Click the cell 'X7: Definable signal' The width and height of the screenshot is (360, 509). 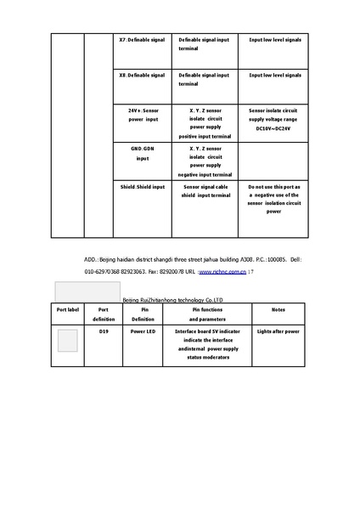pyautogui.click(x=142, y=40)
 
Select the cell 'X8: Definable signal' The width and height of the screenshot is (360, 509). pyautogui.click(x=142, y=76)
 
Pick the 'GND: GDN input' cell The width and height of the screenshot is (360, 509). pyautogui.click(x=142, y=153)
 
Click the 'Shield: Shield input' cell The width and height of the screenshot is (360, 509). pyautogui.click(x=142, y=186)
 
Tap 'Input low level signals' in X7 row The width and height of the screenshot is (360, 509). pyautogui.click(x=274, y=40)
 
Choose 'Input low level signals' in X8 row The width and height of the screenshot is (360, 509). pyautogui.click(x=274, y=76)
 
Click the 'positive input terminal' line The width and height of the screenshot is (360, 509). pyautogui.click(x=204, y=136)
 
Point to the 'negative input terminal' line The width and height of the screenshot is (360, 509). pyautogui.click(x=204, y=173)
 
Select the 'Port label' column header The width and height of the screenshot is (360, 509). pyautogui.click(x=68, y=310)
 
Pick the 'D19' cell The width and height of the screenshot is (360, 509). pyautogui.click(x=104, y=331)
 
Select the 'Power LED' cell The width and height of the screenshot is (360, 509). pyautogui.click(x=143, y=331)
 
